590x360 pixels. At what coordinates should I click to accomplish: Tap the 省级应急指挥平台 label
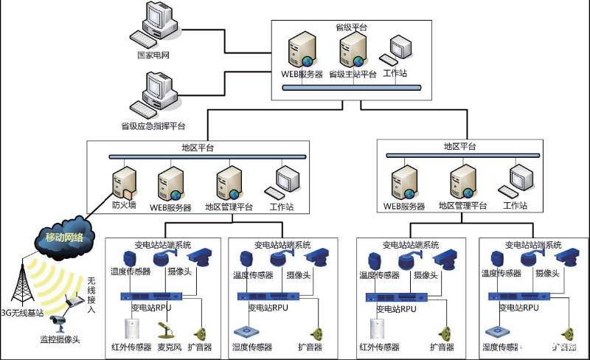click(x=153, y=126)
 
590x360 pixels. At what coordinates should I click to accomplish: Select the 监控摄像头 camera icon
click(x=58, y=321)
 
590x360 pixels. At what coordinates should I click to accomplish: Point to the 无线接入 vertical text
click(x=91, y=295)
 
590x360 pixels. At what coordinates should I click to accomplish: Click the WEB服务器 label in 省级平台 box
click(x=301, y=75)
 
